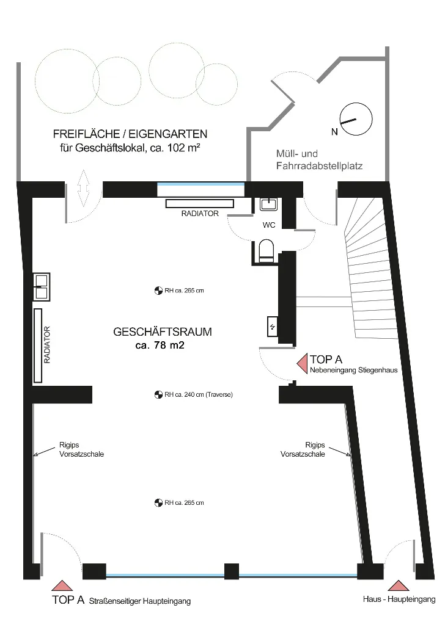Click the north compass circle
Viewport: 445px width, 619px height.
tap(356, 103)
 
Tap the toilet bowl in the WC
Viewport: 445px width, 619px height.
tap(267, 251)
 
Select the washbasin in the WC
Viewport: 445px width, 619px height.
tap(269, 204)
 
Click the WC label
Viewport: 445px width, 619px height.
tap(269, 225)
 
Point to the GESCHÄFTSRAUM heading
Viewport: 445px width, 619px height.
tap(163, 331)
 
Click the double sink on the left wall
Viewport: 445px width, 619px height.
tap(42, 287)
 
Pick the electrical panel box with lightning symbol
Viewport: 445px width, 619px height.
tap(272, 327)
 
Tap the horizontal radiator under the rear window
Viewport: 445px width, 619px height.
tap(200, 204)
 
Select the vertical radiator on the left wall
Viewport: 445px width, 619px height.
tap(38, 346)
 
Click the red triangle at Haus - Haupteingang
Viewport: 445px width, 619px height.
tap(398, 585)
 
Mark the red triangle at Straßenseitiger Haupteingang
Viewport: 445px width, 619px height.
tap(62, 585)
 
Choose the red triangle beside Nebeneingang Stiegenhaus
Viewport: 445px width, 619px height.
tap(303, 364)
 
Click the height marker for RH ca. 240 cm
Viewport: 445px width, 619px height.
tap(158, 394)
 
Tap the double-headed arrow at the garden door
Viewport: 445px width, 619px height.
tap(83, 189)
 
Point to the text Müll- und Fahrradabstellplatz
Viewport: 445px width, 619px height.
tap(319, 159)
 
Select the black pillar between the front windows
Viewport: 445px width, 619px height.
tap(232, 571)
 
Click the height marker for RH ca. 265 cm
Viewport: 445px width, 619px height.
tap(158, 291)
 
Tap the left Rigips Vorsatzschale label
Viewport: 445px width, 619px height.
tap(81, 450)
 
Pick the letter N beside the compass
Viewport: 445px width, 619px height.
tap(334, 132)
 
